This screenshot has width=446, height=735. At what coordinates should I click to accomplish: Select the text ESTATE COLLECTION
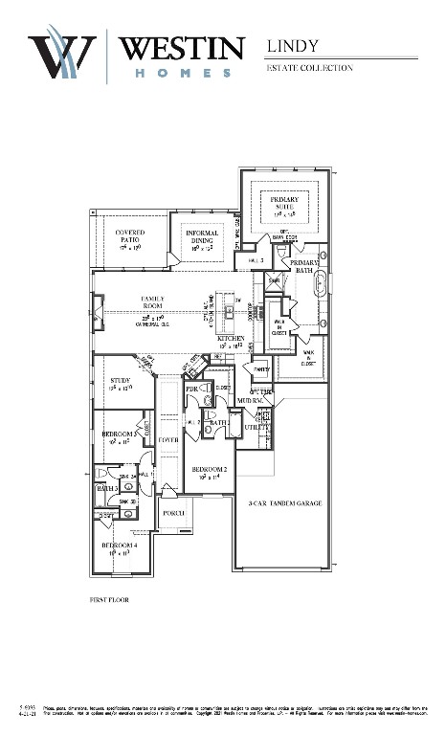309,68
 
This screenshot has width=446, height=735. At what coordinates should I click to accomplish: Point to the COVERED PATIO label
129,238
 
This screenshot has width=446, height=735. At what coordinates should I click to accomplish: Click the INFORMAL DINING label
201,238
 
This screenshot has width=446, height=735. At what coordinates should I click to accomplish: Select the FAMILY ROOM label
153,304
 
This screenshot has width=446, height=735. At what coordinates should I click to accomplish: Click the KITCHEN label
232,340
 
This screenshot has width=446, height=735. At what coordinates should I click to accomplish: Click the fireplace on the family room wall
98,311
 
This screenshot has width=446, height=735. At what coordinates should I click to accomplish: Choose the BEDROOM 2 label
209,470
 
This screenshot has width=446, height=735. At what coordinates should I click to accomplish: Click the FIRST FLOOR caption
107,599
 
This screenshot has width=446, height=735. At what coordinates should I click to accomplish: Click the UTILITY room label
256,427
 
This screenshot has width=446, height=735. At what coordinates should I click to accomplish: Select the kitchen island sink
230,310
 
